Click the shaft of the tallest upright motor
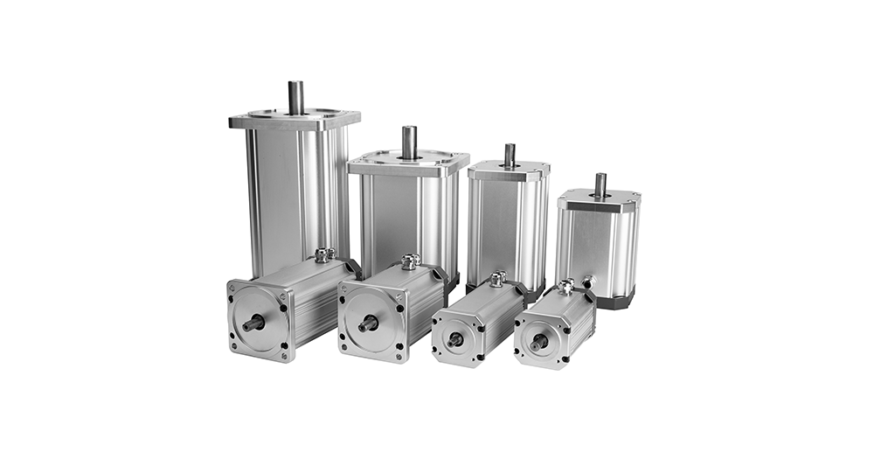[296, 97]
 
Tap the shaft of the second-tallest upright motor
[408, 142]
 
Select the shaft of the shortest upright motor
[600, 184]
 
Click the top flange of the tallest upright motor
[262, 121]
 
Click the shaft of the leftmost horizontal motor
[253, 323]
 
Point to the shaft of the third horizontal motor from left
[455, 339]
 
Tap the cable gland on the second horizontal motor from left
[410, 261]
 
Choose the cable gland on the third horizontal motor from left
[498, 279]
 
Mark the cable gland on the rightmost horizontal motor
[566, 286]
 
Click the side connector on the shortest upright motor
[589, 282]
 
